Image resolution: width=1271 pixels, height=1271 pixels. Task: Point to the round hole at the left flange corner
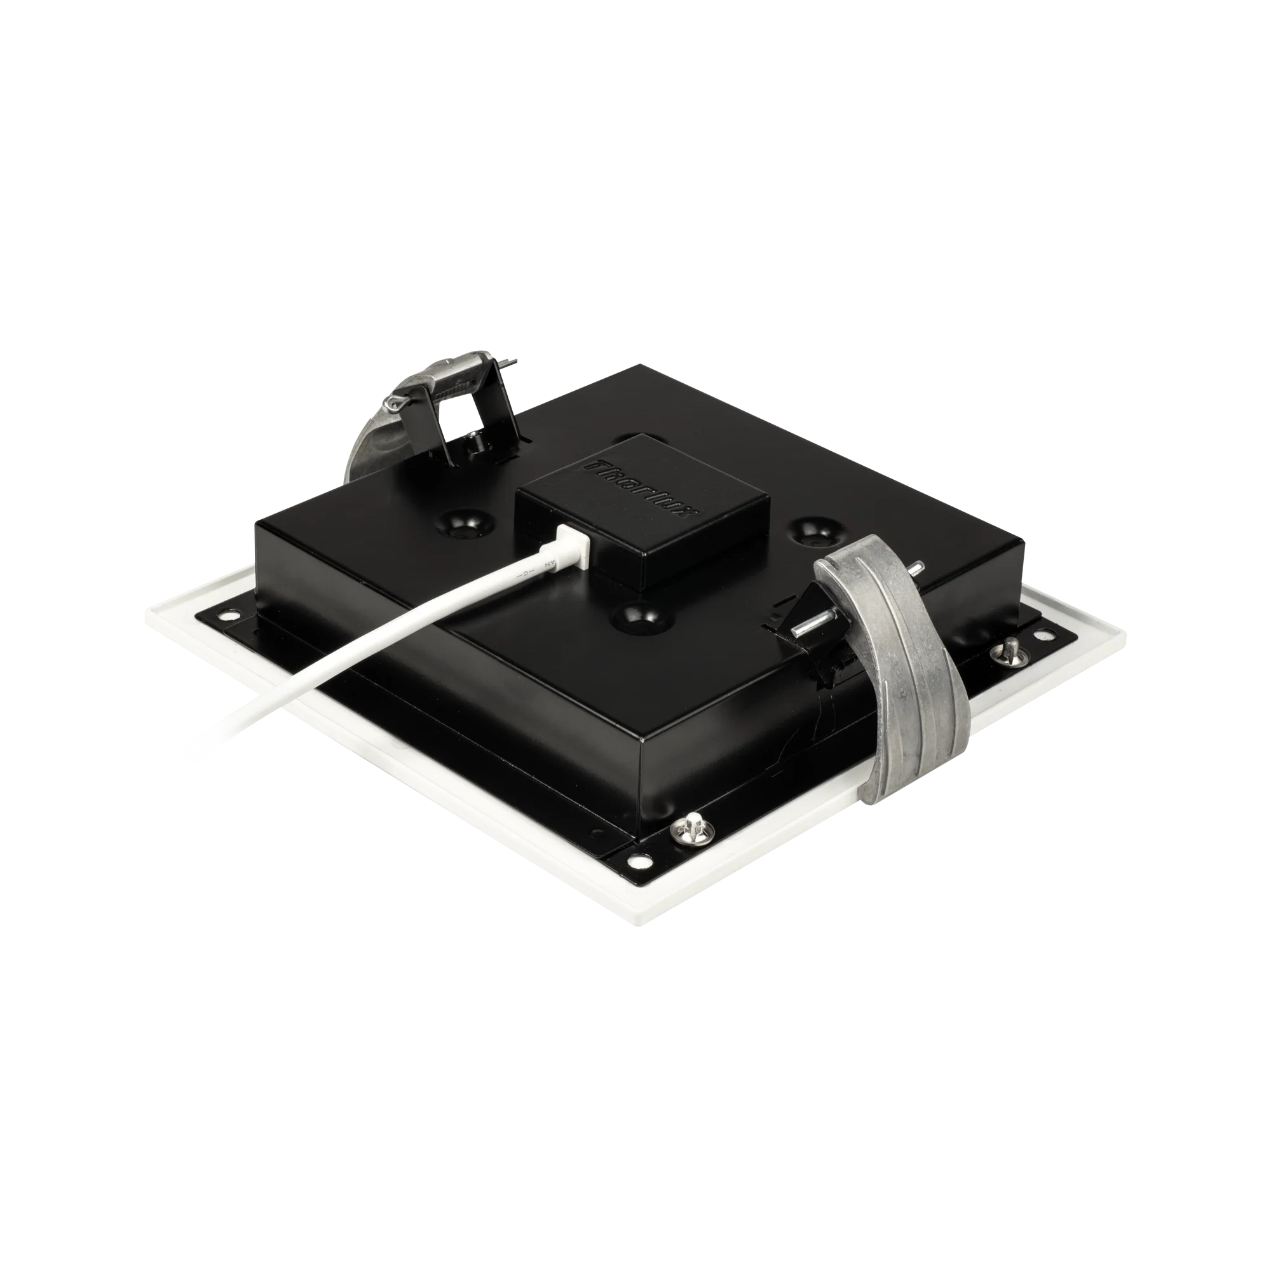231,615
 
